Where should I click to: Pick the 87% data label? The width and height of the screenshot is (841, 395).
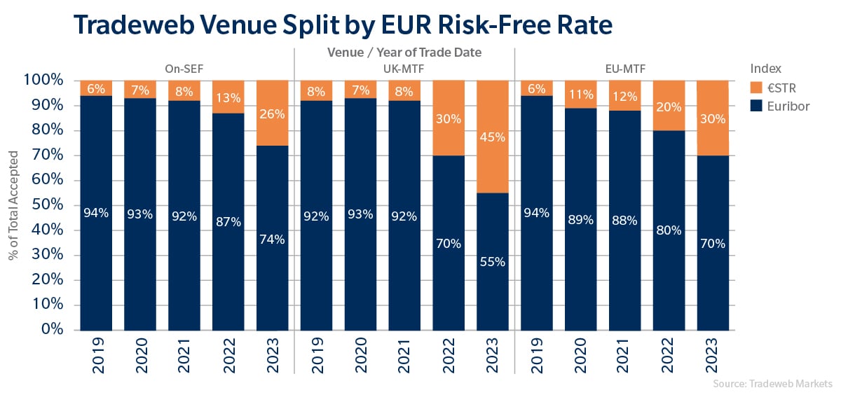coord(229,222)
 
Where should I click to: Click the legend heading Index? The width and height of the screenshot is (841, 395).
coord(766,69)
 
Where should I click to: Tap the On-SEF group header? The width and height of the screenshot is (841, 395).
coord(184,69)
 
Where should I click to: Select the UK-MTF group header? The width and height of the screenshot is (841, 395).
coord(404,69)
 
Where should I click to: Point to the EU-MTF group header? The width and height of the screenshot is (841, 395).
coord(625,69)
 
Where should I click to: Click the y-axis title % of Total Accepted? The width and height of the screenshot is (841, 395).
coord(14,205)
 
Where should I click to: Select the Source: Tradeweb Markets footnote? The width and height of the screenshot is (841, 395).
coord(772,384)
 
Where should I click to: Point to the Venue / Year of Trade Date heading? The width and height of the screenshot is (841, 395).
coord(404,52)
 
